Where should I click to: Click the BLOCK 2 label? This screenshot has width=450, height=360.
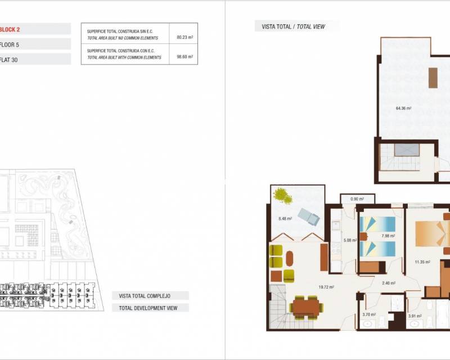tap(10, 29)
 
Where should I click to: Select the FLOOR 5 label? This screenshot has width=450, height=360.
tap(10, 44)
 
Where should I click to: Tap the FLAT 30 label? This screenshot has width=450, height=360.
tap(9, 59)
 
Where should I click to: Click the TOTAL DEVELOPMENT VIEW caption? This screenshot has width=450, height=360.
tap(150, 308)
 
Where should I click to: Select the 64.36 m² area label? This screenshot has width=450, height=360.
tap(403, 108)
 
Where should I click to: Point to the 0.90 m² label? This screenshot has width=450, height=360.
tap(357, 199)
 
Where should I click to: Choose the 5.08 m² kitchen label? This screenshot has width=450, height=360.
tap(350, 240)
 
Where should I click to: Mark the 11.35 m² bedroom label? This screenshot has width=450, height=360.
tap(422, 262)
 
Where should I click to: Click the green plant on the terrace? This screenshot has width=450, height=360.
tap(281, 196)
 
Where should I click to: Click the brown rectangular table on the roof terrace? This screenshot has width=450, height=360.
tap(433, 78)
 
